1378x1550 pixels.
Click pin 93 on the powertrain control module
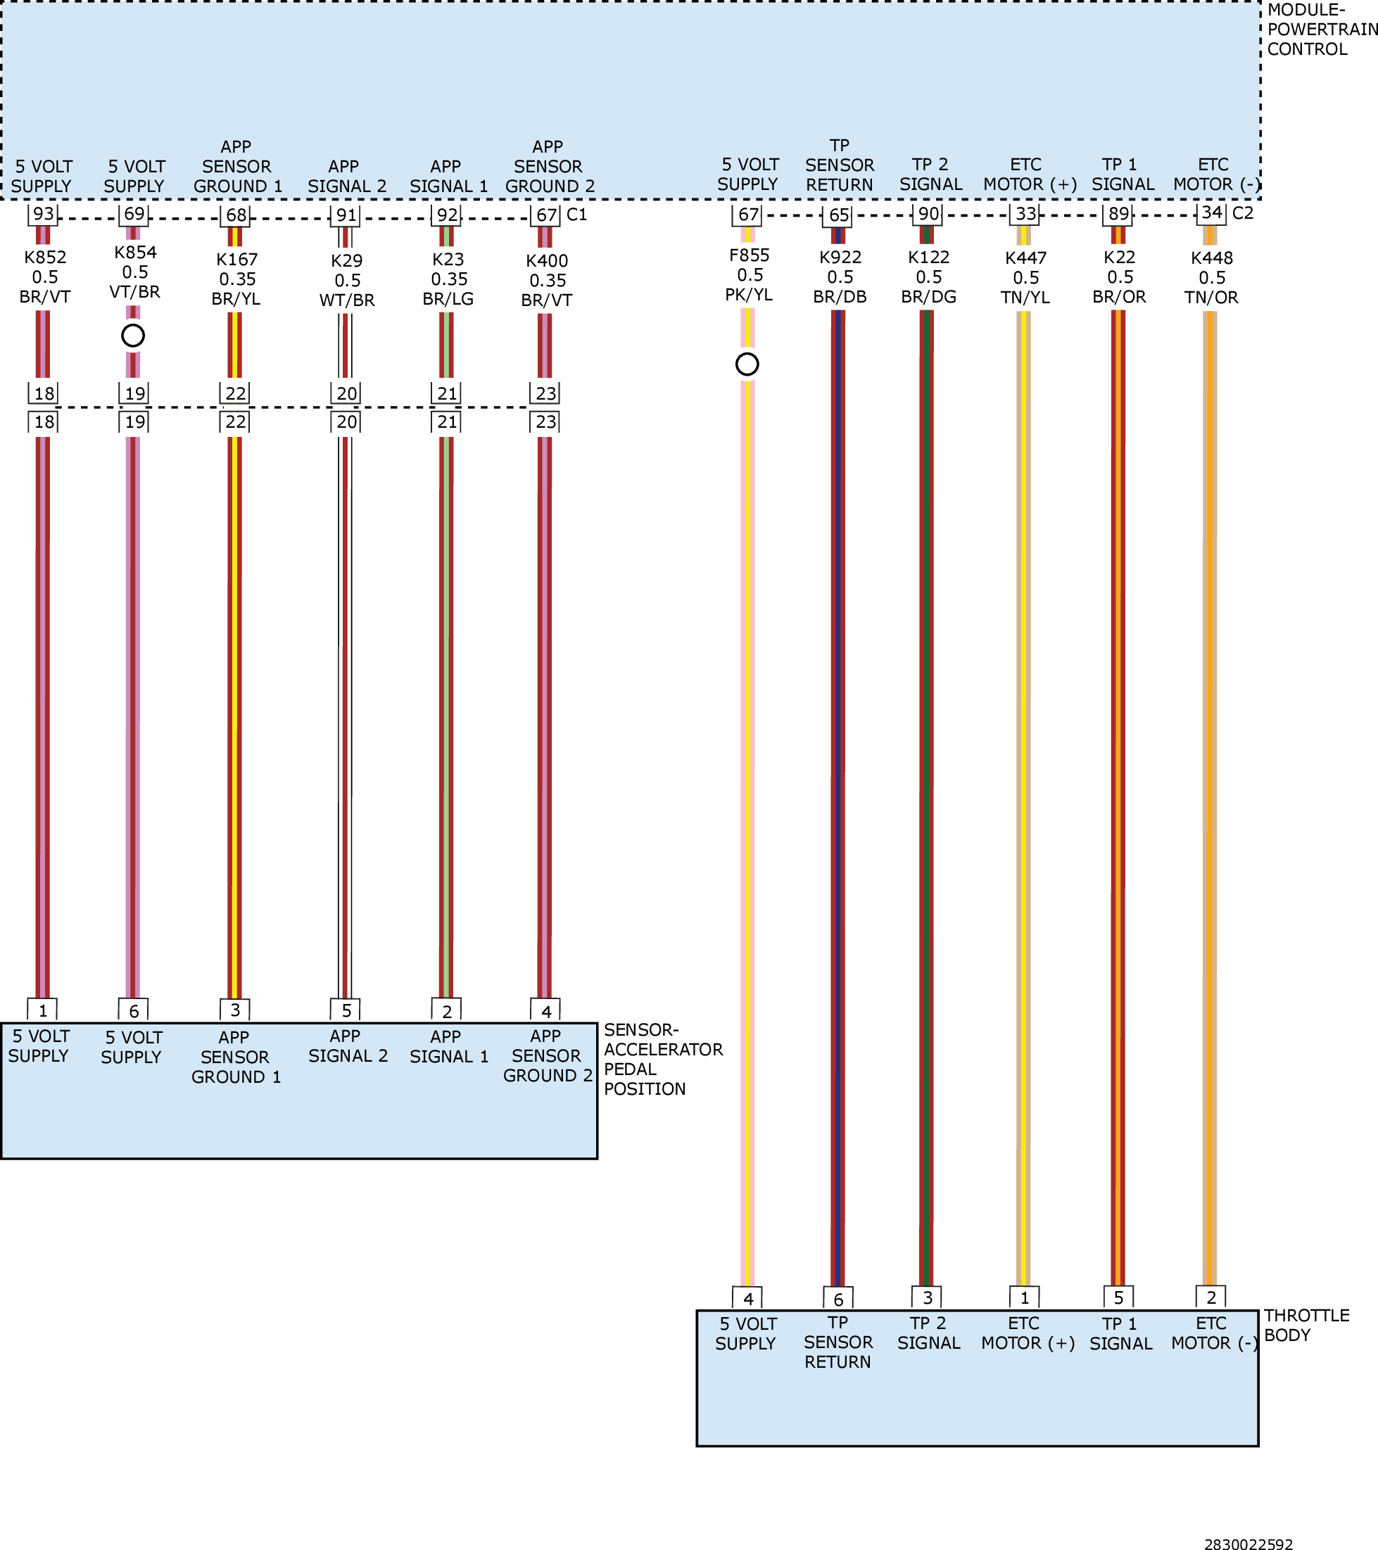coord(43,214)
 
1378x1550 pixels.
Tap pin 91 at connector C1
coord(346,215)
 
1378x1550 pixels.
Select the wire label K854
coord(136,253)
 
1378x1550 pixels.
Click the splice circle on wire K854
coord(133,335)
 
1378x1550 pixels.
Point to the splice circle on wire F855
coord(747,364)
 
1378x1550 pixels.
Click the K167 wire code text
coord(237,260)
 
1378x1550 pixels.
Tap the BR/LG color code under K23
coord(448,299)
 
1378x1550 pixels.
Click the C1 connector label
coord(577,215)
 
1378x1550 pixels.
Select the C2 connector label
coord(1243,213)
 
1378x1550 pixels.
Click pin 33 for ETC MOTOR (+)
coord(1025,214)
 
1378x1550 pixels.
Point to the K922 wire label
coord(840,257)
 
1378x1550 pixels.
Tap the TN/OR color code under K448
coord(1211,297)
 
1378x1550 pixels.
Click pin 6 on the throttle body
coord(838,1299)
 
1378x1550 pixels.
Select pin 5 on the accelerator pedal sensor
coord(346,1010)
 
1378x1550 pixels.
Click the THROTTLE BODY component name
coord(1307,1325)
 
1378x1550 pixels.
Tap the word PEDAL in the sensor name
coord(630,1069)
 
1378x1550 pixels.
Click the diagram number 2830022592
coord(1249,1542)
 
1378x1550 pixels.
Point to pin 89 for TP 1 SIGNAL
coord(1118,214)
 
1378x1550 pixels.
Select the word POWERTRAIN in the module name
coord(1322,30)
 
